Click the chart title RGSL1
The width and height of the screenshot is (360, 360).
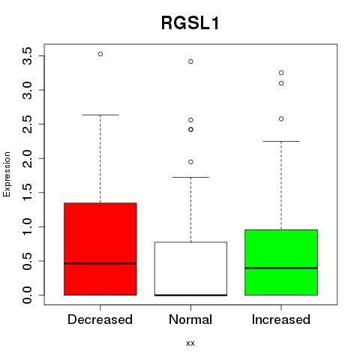pyautogui.click(x=190, y=23)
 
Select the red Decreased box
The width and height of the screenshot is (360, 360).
pyautogui.click(x=100, y=249)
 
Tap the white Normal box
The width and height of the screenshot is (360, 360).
pyautogui.click(x=190, y=268)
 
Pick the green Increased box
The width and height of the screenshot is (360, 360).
pyautogui.click(x=281, y=262)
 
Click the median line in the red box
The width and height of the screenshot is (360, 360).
pyautogui.click(x=100, y=263)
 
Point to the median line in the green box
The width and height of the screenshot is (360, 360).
pyautogui.click(x=281, y=268)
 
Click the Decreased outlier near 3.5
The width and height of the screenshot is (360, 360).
pyautogui.click(x=100, y=54)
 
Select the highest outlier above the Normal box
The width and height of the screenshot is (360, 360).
pyautogui.click(x=190, y=61)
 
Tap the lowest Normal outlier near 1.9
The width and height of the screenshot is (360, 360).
pyautogui.click(x=190, y=162)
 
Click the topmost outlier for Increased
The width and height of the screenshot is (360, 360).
pyautogui.click(x=281, y=73)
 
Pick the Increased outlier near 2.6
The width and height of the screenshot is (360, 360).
pyautogui.click(x=281, y=118)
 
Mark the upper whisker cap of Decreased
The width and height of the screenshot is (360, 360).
pyautogui.click(x=100, y=115)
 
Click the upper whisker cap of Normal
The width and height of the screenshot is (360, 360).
pyautogui.click(x=190, y=177)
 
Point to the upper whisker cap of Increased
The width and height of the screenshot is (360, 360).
pyautogui.click(x=281, y=141)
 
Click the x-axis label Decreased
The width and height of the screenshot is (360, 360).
pyautogui.click(x=100, y=319)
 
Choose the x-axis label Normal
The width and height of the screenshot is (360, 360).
pyautogui.click(x=190, y=319)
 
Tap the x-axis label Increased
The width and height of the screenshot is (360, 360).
pyautogui.click(x=281, y=319)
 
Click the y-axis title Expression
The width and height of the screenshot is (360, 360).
pyautogui.click(x=7, y=174)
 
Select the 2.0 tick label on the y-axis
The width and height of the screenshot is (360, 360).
pyautogui.click(x=27, y=158)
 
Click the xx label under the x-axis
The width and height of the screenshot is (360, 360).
pyautogui.click(x=190, y=343)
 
